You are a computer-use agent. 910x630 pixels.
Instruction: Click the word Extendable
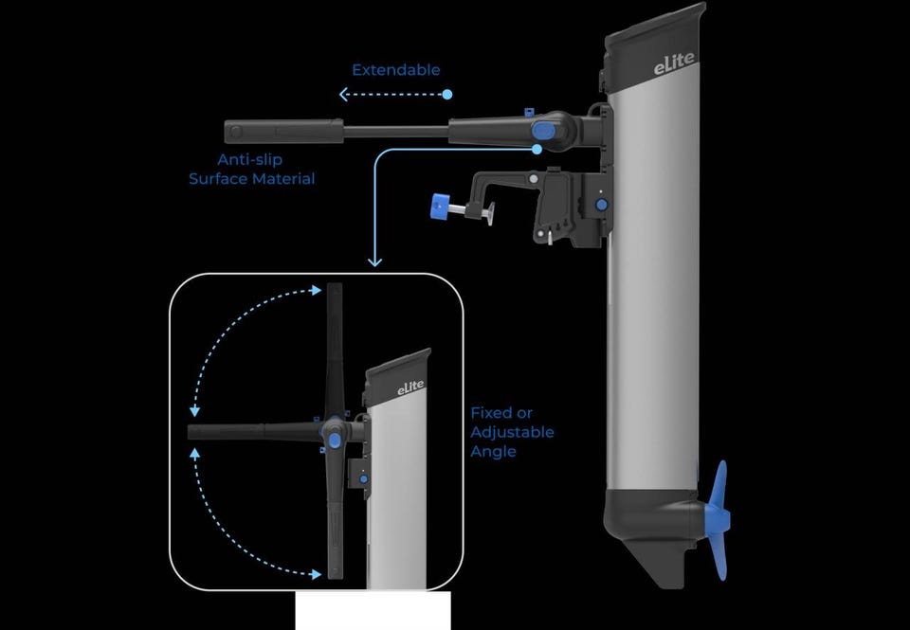[x=396, y=70]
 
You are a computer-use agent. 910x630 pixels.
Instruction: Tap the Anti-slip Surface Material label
[x=252, y=169]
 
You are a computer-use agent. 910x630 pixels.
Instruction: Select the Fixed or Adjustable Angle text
[x=512, y=432]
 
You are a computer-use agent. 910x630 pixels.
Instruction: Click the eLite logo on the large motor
[x=674, y=63]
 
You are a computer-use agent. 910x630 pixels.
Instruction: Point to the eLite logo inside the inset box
[x=410, y=388]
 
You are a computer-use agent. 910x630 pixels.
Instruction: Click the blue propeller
[x=719, y=520]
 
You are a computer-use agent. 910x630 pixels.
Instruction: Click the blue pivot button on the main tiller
[x=542, y=131]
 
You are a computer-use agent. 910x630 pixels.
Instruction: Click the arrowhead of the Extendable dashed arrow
[x=343, y=94]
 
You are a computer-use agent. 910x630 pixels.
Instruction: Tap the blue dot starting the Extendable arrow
[x=446, y=94]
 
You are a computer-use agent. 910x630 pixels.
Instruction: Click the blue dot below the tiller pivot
[x=537, y=149]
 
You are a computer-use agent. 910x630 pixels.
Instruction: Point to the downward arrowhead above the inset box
[x=375, y=261]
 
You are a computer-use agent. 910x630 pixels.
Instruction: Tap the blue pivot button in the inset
[x=334, y=441]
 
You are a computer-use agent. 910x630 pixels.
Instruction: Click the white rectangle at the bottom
[x=373, y=611]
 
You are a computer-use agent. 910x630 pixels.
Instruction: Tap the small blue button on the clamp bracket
[x=601, y=205]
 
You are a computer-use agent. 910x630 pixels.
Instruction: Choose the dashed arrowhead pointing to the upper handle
[x=317, y=290]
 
